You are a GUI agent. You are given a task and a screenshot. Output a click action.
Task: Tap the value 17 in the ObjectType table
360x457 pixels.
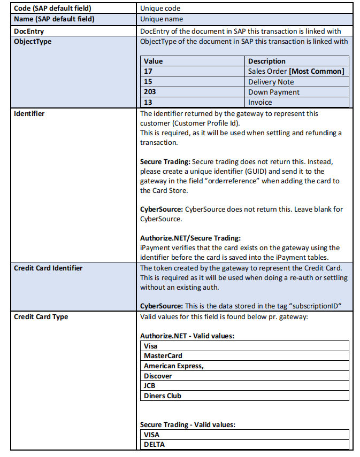pyautogui.click(x=148, y=72)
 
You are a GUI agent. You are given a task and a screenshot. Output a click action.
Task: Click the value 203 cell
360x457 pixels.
pyautogui.click(x=150, y=92)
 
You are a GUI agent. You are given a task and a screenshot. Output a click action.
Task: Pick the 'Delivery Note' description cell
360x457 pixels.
pyautogui.click(x=271, y=82)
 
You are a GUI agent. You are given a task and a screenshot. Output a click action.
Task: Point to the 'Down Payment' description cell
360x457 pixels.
pyautogui.click(x=273, y=92)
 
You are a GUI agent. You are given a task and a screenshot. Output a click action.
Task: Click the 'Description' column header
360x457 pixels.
pyautogui.click(x=266, y=61)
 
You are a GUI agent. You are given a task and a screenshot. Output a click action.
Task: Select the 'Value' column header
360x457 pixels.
pyautogui.click(x=153, y=61)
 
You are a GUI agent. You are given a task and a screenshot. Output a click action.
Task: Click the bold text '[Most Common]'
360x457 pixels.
pyautogui.click(x=317, y=72)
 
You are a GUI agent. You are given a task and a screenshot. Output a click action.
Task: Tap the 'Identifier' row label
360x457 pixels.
pyautogui.click(x=29, y=114)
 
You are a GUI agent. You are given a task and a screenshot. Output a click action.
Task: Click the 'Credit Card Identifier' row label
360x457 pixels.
pyautogui.click(x=48, y=268)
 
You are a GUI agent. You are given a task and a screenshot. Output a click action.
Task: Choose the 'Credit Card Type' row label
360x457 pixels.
pyautogui.click(x=41, y=317)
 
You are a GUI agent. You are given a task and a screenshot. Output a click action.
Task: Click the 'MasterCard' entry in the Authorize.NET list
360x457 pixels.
pyautogui.click(x=163, y=356)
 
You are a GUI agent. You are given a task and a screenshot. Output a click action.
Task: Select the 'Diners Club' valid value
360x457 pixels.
pyautogui.click(x=162, y=396)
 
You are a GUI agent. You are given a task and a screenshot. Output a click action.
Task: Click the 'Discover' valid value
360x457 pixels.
pyautogui.click(x=158, y=376)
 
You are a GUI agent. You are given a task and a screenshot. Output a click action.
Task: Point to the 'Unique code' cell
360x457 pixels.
pyautogui.click(x=160, y=9)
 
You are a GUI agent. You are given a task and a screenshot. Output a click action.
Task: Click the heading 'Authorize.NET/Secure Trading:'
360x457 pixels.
pyautogui.click(x=190, y=238)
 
